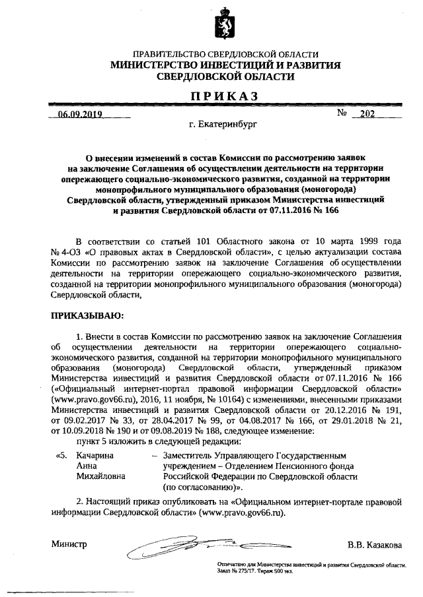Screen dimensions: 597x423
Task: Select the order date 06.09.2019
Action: [x=78, y=114]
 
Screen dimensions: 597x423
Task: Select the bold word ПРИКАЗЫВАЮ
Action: [x=87, y=316]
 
